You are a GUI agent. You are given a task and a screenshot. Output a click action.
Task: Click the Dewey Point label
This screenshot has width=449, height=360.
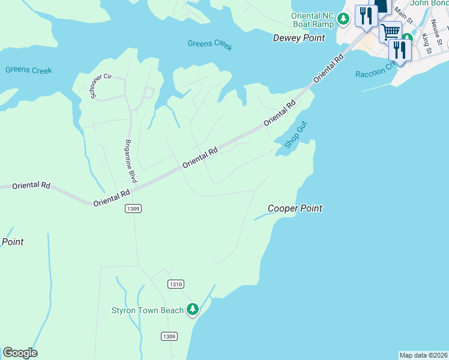pyautogui.click(x=298, y=38)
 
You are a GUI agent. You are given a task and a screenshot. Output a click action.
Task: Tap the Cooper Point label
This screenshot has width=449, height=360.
pyautogui.click(x=295, y=209)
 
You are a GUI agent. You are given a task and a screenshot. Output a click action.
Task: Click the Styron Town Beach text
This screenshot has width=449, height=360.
pyautogui.click(x=147, y=310)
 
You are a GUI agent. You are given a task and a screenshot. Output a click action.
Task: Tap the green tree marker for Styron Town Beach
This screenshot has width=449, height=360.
pyautogui.click(x=193, y=310)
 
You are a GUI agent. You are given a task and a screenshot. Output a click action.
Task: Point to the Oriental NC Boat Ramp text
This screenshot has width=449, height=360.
pyautogui.click(x=312, y=20)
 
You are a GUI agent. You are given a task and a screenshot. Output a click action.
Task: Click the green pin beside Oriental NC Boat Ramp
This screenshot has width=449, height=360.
pyautogui.click(x=343, y=19)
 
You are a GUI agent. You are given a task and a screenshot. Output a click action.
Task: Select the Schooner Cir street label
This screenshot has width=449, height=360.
pyautogui.click(x=101, y=86)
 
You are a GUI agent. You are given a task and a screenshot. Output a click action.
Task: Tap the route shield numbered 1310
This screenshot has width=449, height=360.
pyautogui.click(x=176, y=284)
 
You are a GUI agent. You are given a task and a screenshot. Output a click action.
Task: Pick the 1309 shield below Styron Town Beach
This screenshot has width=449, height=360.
pyautogui.click(x=169, y=337)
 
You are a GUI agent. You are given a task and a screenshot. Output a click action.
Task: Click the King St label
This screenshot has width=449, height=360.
pyautogui.click(x=427, y=43)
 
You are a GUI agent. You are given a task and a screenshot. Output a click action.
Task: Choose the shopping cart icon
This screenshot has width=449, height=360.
pyautogui.click(x=391, y=30)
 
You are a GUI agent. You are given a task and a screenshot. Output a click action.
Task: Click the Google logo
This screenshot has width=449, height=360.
pyautogui.click(x=20, y=353)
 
